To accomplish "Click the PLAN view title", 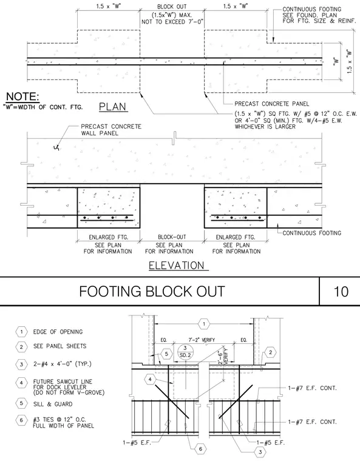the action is tap(112, 106).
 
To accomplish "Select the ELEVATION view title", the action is tap(177, 266).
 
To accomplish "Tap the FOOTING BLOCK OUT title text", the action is tap(152, 291).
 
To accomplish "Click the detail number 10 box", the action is tap(341, 291).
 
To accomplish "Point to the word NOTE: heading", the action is tap(22, 96).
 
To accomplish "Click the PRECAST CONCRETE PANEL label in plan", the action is tap(272, 104).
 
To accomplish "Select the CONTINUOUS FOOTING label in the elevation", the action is tap(311, 233).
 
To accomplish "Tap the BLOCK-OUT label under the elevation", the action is tap(172, 237).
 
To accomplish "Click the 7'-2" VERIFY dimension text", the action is tap(202, 340).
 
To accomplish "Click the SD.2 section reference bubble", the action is tap(185, 352).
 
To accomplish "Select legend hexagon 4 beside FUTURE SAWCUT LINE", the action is tap(21, 383).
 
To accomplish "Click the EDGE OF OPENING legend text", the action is tap(58, 332).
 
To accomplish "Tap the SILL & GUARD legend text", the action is tap(53, 404).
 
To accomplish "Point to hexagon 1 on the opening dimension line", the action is tap(204, 324).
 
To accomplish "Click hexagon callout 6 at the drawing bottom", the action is tap(200, 449).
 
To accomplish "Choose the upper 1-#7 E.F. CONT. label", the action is tap(312, 388).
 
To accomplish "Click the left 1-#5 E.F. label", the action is tap(137, 442).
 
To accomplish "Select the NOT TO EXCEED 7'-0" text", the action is tap(172, 22).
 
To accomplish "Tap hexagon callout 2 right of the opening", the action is tap(270, 352).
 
